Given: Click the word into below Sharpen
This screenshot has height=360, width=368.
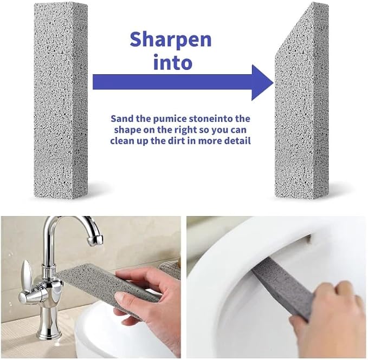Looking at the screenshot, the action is tap(173, 62).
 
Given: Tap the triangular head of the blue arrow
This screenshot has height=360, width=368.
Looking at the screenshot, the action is tap(262, 82).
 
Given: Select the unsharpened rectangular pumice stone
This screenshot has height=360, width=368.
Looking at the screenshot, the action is tap(61, 101).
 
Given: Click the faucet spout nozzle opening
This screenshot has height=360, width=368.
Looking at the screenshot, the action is tap(95, 241).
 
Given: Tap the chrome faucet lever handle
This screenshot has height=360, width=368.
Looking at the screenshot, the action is tap(27, 274).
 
